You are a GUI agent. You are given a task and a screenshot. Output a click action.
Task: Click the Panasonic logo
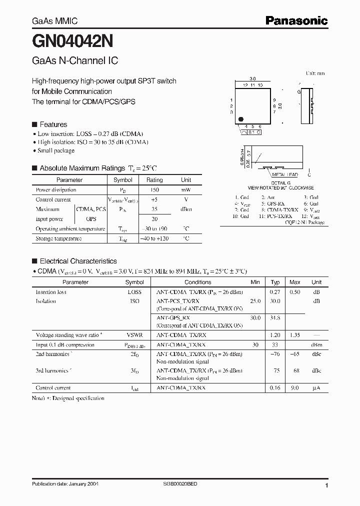pos(296,21)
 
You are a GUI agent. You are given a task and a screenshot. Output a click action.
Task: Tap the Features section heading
pos(53,124)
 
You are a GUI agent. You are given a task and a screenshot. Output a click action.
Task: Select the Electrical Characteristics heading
pos(78,261)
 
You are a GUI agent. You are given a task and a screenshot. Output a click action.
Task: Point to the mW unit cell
pos(186,190)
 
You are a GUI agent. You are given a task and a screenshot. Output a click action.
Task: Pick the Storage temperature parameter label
pos(58,238)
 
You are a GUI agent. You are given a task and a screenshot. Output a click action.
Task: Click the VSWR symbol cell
pos(134,335)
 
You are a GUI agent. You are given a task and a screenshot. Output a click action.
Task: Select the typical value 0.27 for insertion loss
pos(275,292)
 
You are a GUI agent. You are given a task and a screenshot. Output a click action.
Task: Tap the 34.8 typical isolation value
pos(275,317)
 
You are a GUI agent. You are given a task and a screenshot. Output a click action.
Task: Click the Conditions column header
pos(197,282)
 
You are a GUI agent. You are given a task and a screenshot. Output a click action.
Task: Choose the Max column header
pos(295,282)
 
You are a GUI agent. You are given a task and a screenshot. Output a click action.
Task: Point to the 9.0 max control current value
pos(295,387)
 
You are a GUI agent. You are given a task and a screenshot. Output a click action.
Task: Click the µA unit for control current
pos(316,387)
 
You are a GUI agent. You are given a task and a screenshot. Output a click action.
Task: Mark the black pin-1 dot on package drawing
pos(241,119)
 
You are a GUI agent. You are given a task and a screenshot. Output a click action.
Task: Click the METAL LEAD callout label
pos(285,174)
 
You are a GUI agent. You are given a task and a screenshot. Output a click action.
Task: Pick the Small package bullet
pos(56,150)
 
